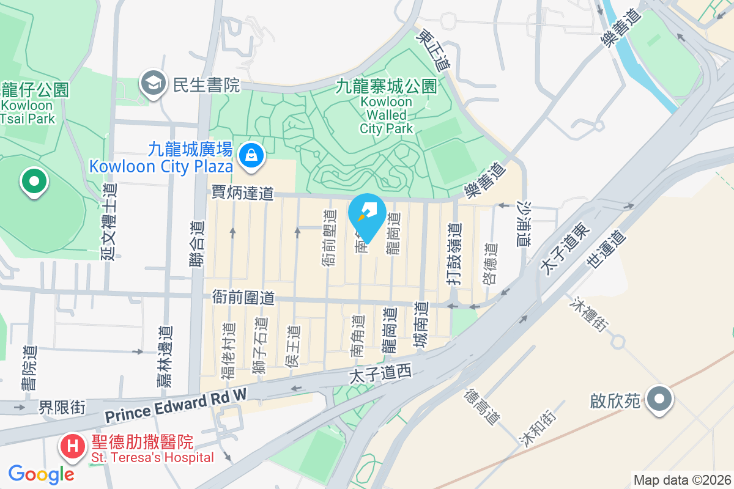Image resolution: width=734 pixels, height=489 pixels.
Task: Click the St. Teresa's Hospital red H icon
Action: tap(72, 446)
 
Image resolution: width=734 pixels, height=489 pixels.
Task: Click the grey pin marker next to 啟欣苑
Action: tap(658, 400)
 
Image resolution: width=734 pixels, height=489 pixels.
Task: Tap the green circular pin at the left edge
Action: tap(34, 182)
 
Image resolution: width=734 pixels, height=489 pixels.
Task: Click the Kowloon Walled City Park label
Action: tap(387, 107)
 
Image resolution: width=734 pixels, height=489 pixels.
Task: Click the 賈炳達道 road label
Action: tap(242, 193)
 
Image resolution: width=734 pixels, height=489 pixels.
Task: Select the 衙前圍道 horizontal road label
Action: tap(243, 298)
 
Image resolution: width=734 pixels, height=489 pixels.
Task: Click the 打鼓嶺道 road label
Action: tap(453, 254)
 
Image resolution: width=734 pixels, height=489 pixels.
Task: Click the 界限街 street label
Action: tap(62, 407)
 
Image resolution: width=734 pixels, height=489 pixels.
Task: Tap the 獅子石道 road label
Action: tap(260, 345)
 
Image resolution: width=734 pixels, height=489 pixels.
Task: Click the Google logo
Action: tap(41, 474)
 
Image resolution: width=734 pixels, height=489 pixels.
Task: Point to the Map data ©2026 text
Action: tap(681, 480)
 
